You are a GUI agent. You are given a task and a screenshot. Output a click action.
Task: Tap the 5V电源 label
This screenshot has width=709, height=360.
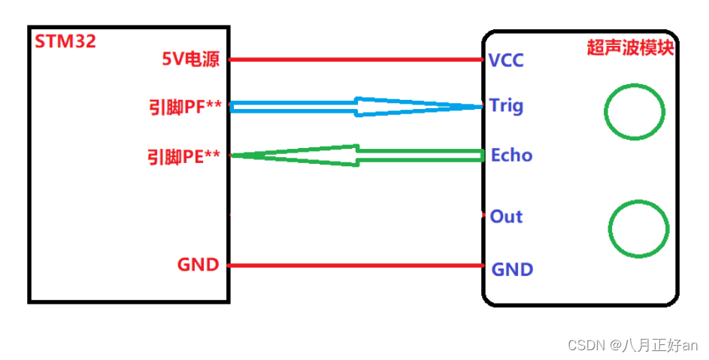191,59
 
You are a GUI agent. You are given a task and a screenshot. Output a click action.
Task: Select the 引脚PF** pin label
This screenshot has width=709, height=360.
185,107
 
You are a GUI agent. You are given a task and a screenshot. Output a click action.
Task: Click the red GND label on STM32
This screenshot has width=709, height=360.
198,265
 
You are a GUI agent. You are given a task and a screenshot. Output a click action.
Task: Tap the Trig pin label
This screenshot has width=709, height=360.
506,105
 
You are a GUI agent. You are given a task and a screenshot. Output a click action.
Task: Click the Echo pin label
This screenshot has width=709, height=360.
511,156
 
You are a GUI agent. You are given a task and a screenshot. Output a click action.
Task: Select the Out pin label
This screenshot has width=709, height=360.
506,216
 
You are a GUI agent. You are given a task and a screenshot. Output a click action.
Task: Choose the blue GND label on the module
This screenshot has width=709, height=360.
512,269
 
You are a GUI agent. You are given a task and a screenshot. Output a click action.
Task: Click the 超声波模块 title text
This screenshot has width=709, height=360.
629,47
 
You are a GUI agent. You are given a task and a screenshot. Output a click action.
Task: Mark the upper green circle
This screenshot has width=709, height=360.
635,112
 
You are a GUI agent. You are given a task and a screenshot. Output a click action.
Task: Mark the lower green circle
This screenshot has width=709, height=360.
638,228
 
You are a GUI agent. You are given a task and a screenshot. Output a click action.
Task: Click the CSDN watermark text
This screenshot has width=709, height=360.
586,346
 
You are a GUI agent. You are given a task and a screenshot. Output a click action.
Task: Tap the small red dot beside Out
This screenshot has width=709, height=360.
483,216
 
